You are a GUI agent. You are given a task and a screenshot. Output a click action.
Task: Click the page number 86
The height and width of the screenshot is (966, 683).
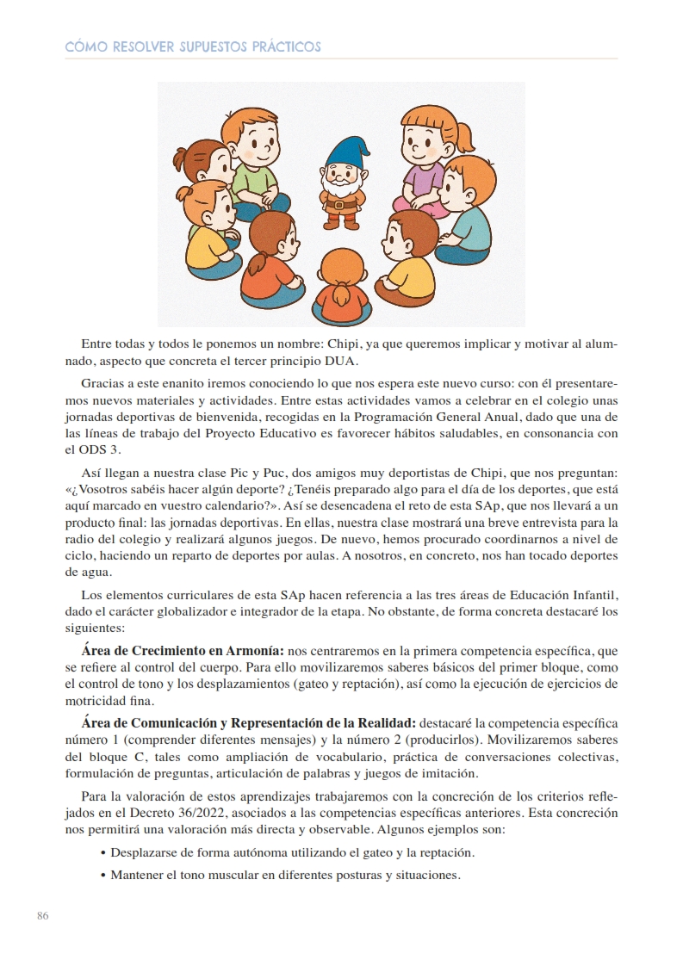tap(42, 915)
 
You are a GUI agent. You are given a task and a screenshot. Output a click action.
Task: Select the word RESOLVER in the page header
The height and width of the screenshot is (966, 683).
tap(142, 46)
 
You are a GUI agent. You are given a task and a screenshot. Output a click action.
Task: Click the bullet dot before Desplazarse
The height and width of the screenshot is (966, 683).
tap(103, 853)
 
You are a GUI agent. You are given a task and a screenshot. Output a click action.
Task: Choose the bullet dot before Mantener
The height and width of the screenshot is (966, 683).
tap(103, 876)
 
